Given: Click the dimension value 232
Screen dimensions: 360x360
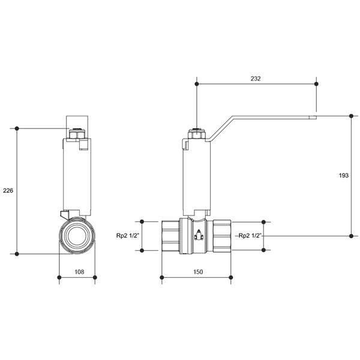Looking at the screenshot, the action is [256, 79].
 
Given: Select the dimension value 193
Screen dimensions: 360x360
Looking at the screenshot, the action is [343, 175].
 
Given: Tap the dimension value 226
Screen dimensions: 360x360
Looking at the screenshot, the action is [8, 190].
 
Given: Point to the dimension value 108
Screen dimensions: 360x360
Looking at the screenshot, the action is [79, 272].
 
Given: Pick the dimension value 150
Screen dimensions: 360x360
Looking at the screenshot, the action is [198, 272].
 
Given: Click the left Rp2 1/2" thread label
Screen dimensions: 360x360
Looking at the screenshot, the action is [128, 236].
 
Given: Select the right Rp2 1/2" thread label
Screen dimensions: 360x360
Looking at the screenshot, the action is [250, 236].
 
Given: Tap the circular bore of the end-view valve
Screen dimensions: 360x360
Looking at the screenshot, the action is [77, 236].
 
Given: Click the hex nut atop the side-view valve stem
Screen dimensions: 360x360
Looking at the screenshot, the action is [197, 134].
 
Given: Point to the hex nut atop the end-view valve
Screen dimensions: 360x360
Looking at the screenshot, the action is [77, 134].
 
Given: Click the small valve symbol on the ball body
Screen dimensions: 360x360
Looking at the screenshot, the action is [199, 235].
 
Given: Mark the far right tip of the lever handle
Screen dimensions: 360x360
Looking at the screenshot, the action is [317, 118].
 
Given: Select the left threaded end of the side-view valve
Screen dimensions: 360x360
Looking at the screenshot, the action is [170, 236].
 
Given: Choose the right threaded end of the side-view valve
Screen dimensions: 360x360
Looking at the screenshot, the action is [222, 236].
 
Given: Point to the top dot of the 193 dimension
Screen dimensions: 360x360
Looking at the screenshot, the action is [351, 116].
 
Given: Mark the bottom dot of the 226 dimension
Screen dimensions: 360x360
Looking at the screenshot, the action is [17, 254].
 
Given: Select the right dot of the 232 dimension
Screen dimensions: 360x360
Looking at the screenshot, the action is [316, 84].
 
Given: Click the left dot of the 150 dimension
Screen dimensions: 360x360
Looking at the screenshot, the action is [162, 278].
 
